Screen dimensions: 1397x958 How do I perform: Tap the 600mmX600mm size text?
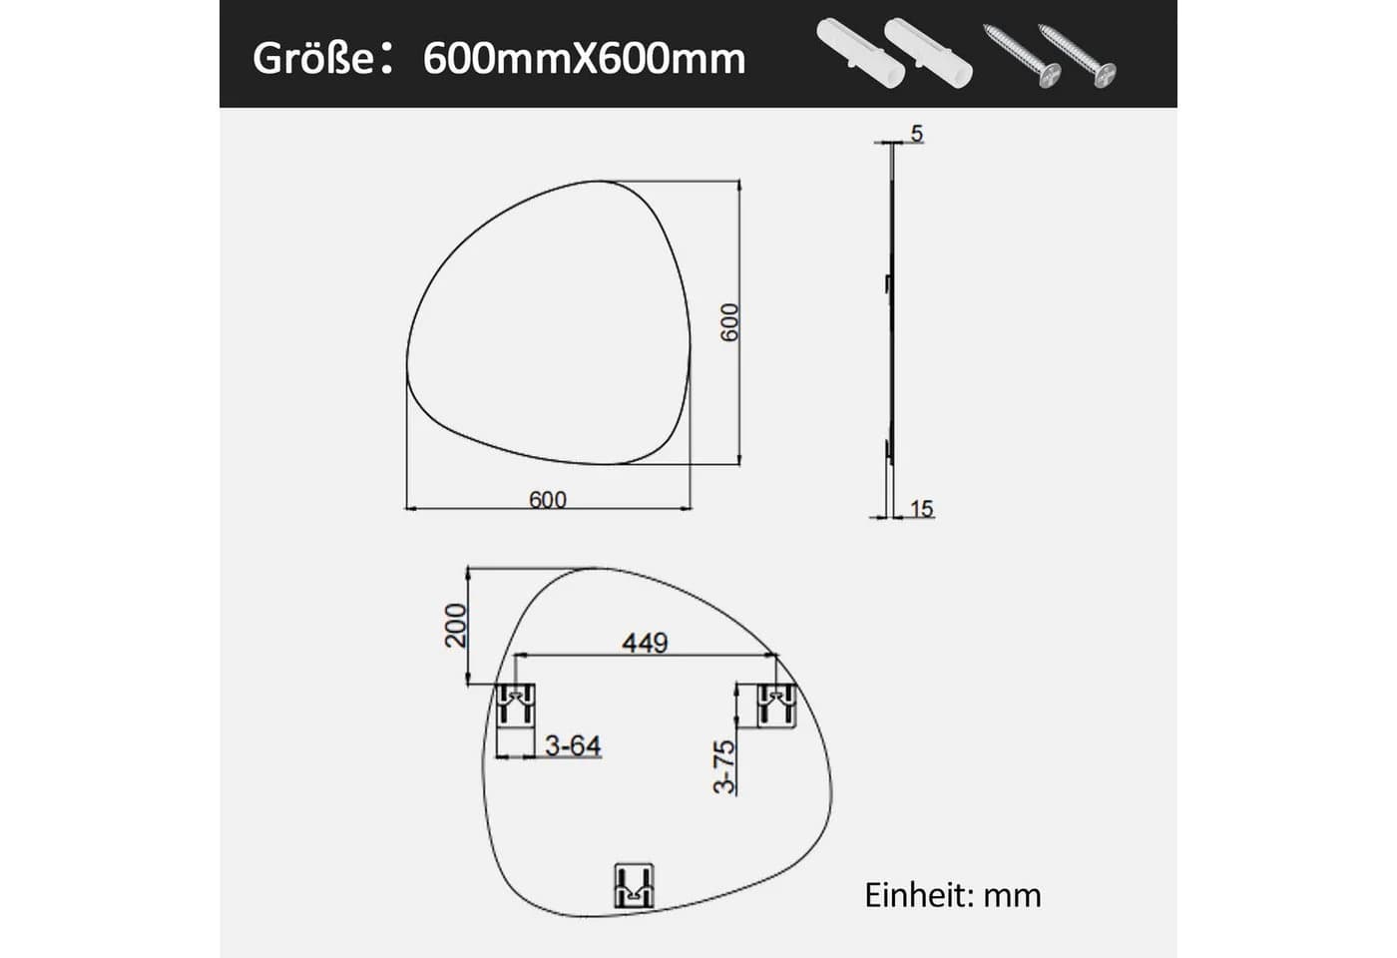point(585,60)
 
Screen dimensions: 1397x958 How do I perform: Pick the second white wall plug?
point(928,52)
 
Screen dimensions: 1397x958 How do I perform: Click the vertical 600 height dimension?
point(729,322)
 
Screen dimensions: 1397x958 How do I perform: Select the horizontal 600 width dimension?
point(548,500)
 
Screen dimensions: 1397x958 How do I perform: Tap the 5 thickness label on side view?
point(917,134)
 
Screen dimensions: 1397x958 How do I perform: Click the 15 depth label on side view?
point(922,509)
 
